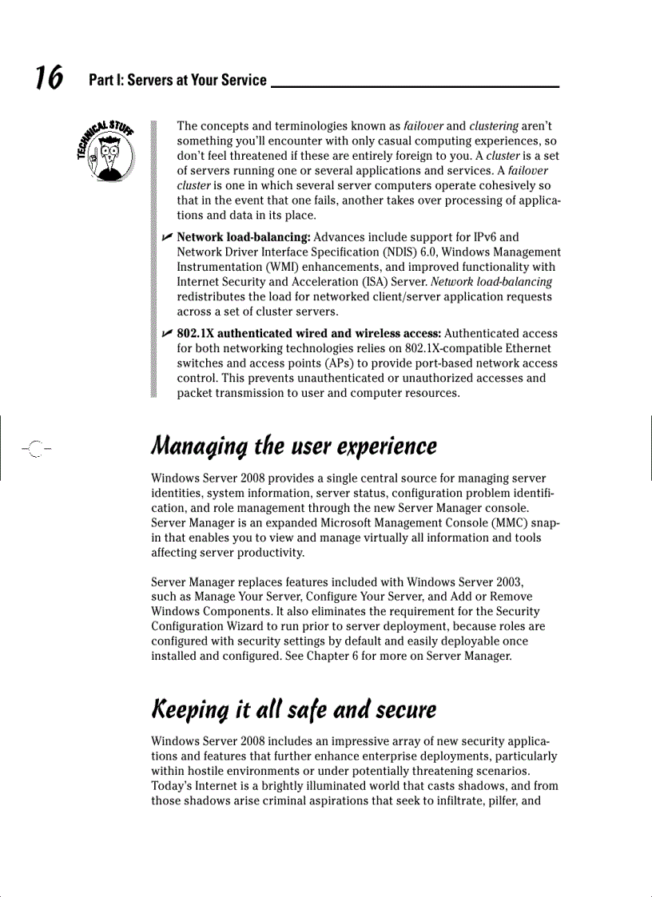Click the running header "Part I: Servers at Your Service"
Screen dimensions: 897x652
point(177,80)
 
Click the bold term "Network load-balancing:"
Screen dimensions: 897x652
point(245,237)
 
